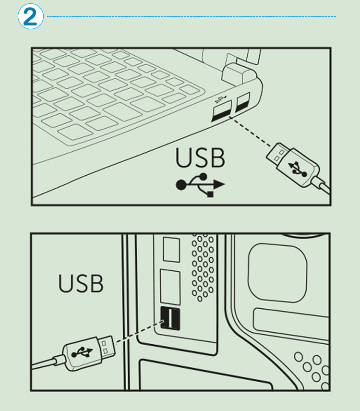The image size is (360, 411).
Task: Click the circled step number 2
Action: tap(30, 16)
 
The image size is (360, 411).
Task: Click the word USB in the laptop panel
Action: tap(200, 157)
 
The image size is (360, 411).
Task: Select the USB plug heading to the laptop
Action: tap(293, 165)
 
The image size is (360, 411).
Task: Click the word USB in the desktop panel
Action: tap(81, 283)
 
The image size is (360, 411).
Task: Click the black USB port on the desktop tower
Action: tap(170, 318)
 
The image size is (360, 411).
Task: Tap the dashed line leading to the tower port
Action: tap(140, 331)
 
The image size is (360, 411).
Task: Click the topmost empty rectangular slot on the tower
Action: tap(171, 249)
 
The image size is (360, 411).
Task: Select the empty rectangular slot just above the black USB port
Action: tap(170, 287)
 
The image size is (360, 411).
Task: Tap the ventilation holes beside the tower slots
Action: tap(203, 268)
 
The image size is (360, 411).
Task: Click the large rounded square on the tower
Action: tap(277, 273)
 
